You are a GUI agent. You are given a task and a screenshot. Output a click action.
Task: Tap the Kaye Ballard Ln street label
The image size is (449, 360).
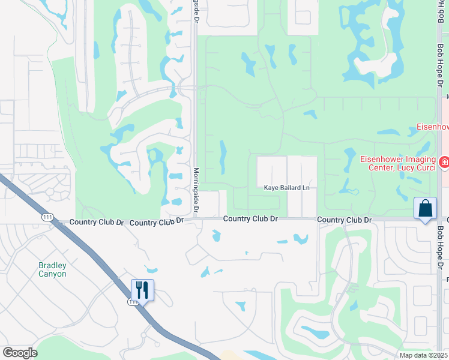pyautogui.click(x=287, y=188)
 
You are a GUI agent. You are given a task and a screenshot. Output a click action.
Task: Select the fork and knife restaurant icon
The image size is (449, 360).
pyautogui.click(x=143, y=290)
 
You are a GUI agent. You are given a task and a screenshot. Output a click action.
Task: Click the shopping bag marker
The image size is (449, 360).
pyautogui.click(x=426, y=209)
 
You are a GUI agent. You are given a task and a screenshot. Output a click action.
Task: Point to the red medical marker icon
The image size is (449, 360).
pyautogui.click(x=444, y=162)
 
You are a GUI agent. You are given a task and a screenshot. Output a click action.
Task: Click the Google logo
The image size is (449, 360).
pyautogui.click(x=20, y=352)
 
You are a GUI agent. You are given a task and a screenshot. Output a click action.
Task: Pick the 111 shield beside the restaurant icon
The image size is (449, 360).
pyautogui.click(x=132, y=302)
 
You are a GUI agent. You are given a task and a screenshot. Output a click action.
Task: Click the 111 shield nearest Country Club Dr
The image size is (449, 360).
pyautogui.click(x=46, y=217)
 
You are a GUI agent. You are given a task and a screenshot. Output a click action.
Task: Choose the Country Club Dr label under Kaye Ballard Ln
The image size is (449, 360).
pyautogui.click(x=250, y=219)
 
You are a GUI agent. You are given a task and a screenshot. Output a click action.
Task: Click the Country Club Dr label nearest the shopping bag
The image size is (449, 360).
pyautogui.click(x=345, y=220)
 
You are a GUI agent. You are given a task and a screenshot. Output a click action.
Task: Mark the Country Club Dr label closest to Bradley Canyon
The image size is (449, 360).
pyautogui.click(x=96, y=222)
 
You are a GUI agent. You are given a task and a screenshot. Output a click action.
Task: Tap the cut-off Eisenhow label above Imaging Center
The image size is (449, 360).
pyautogui.click(x=432, y=127)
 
